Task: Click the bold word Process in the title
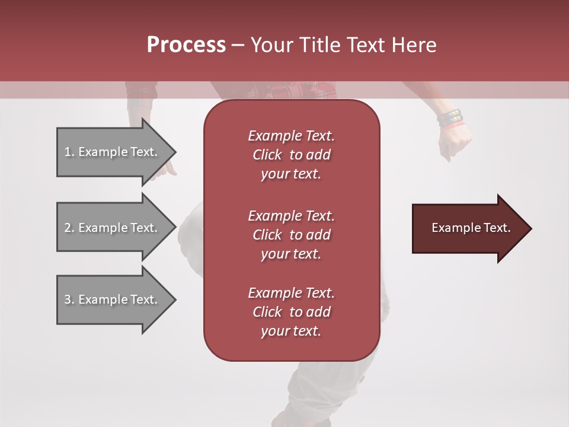tap(186, 45)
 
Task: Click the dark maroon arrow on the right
tap(468, 228)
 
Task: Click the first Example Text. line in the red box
tap(291, 136)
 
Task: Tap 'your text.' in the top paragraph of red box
tap(291, 174)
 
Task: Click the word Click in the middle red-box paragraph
tap(267, 235)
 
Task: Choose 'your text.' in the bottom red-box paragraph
tap(291, 332)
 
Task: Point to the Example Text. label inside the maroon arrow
tap(471, 228)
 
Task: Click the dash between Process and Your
tap(238, 46)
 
